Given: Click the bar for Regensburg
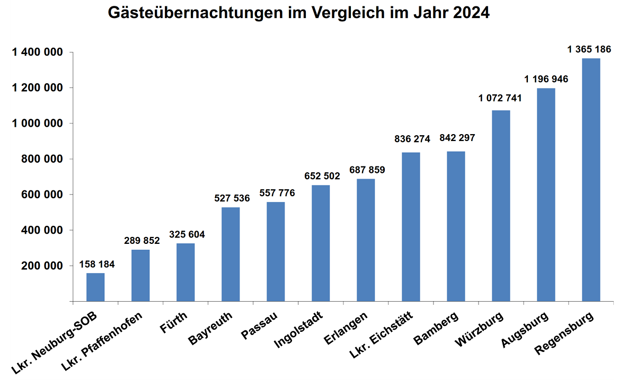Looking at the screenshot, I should click(591, 180).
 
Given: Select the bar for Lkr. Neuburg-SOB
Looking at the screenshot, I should click(95, 287).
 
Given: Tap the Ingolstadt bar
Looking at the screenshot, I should click(321, 243).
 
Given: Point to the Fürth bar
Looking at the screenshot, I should click(185, 272).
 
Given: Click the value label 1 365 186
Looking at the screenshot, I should click(589, 49).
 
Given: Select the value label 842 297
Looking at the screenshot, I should click(457, 138).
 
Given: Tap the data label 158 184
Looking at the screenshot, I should click(97, 263).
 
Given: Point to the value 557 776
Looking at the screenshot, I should click(277, 193).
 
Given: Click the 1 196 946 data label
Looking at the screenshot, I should click(546, 79).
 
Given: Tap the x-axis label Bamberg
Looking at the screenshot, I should click(437, 329).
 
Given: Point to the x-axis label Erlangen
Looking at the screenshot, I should click(347, 329).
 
